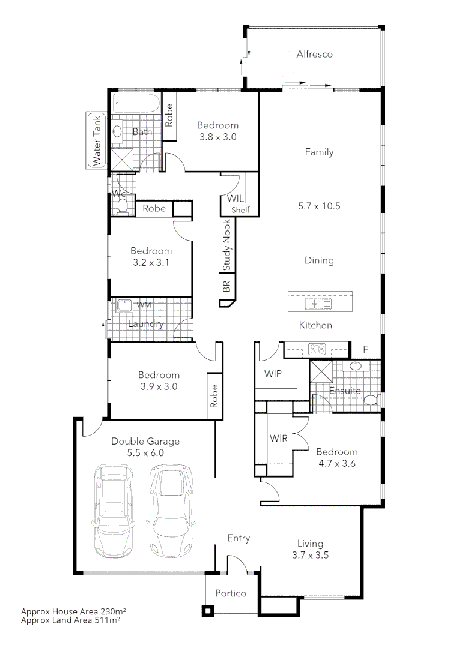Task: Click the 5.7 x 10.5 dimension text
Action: (319, 206)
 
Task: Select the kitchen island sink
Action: (318, 304)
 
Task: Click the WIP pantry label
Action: (273, 374)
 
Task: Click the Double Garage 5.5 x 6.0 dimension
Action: (145, 454)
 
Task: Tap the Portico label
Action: (231, 593)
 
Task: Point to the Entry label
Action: (239, 539)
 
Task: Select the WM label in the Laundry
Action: (143, 305)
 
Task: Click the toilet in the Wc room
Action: (123, 205)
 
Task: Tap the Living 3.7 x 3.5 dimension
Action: (310, 556)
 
